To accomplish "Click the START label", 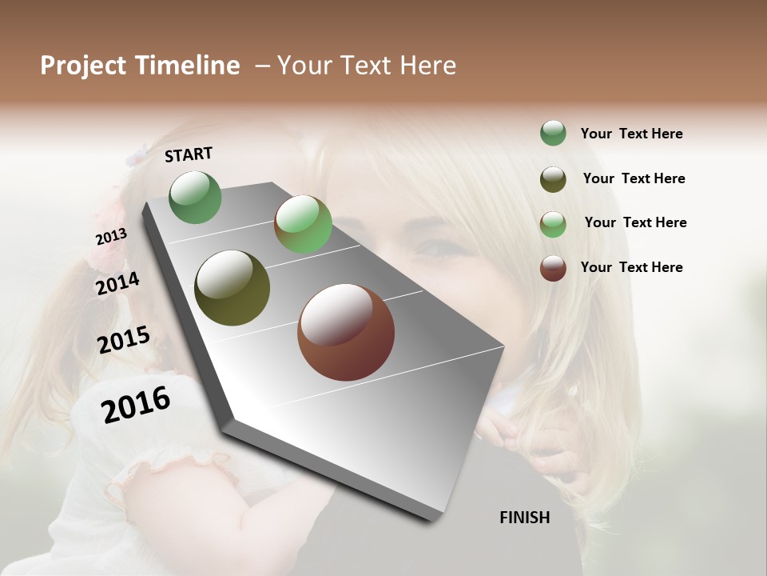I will pyautogui.click(x=189, y=154).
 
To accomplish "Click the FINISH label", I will pyautogui.click(x=524, y=518).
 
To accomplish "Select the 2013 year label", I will pyautogui.click(x=111, y=237).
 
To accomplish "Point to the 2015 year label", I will pyautogui.click(x=124, y=340).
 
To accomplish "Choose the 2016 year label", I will pyautogui.click(x=136, y=405).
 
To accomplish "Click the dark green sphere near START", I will pyautogui.click(x=196, y=198).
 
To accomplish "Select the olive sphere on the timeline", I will pyautogui.click(x=232, y=288).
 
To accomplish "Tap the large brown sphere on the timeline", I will pyautogui.click(x=346, y=332).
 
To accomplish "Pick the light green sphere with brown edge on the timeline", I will pyautogui.click(x=303, y=224).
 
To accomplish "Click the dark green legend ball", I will pyautogui.click(x=553, y=134).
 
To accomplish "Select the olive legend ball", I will pyautogui.click(x=553, y=179).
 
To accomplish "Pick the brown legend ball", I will pyautogui.click(x=553, y=268).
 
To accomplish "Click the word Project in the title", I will pyautogui.click(x=83, y=66).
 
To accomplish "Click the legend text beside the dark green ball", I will pyautogui.click(x=631, y=134).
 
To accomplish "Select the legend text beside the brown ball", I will pyautogui.click(x=631, y=267).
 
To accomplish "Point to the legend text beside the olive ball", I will pyautogui.click(x=634, y=178).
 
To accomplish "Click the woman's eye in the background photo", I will pyautogui.click(x=438, y=246).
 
